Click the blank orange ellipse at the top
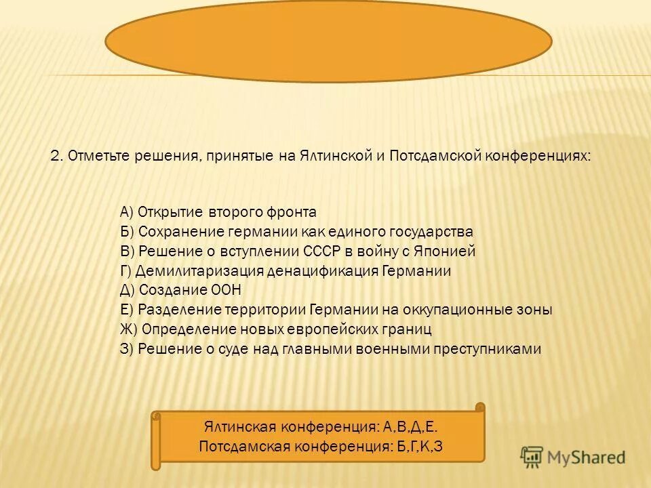tap(328, 40)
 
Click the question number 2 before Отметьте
tap(56, 156)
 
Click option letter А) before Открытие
tap(126, 212)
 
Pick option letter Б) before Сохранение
tap(126, 232)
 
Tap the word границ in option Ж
tap(408, 329)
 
